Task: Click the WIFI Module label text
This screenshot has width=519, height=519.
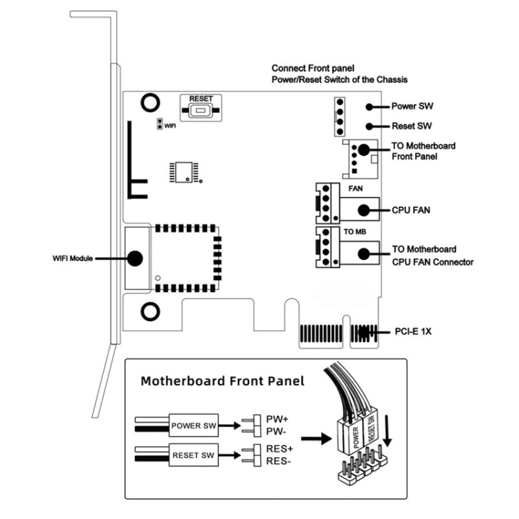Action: tap(73, 258)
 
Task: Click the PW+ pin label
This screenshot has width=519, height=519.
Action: tap(276, 419)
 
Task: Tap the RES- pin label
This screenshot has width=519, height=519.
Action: tap(278, 461)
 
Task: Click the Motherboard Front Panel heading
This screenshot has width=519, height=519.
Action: tap(222, 381)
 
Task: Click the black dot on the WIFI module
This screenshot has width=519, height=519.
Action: tap(135, 258)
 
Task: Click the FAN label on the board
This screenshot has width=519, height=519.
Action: tap(354, 188)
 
